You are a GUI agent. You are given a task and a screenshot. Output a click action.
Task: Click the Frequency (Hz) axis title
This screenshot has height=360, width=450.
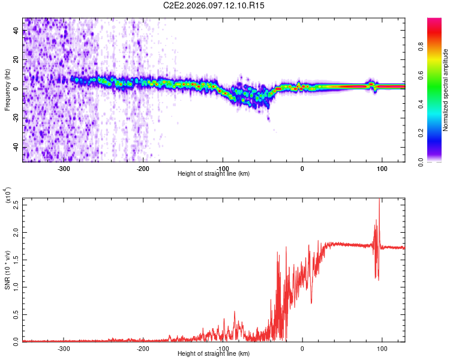(x=8, y=89)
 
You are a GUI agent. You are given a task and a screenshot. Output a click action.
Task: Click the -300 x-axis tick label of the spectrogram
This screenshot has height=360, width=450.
(x=63, y=168)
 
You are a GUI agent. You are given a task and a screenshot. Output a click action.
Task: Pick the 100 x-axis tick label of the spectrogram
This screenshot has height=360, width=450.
(x=382, y=168)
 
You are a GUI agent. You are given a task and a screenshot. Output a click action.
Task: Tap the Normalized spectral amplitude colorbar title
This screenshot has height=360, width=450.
(x=446, y=90)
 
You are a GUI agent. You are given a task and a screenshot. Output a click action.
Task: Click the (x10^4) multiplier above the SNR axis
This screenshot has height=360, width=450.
(x=8, y=196)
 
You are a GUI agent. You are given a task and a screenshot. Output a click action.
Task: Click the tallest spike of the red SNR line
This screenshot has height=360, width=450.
(x=379, y=200)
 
